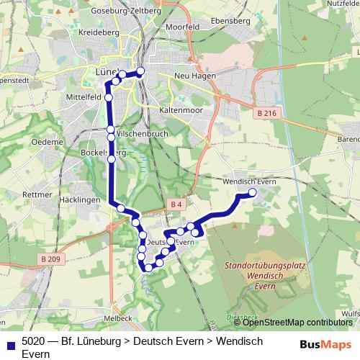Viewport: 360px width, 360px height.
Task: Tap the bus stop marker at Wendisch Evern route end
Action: point(253,192)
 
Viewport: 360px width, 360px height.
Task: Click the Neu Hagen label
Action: point(192,75)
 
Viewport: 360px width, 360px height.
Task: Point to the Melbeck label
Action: point(117,318)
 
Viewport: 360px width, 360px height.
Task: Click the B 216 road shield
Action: point(265,113)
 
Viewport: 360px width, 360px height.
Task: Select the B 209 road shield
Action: point(50,258)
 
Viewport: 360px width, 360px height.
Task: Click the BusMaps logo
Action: point(330,344)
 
